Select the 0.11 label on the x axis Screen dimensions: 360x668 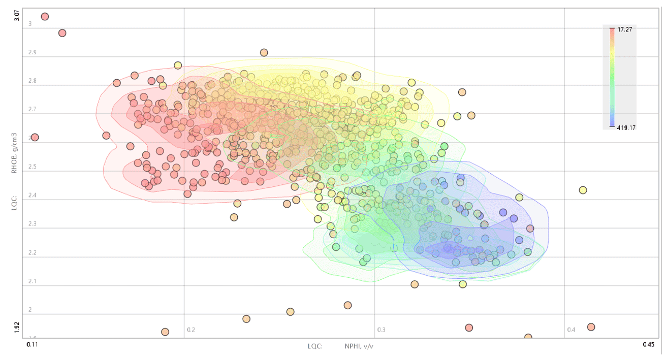coord(32,345)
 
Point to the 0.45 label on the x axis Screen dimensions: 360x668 coord(648,345)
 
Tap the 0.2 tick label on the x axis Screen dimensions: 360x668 coord(191,330)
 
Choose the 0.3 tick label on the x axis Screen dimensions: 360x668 coord(381,330)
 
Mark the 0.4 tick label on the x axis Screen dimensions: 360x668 coord(571,330)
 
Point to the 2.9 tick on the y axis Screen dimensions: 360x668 coord(33,52)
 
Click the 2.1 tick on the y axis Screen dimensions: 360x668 coord(33,281)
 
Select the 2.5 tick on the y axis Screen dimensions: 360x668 coord(33,167)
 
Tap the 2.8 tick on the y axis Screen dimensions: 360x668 coord(33,81)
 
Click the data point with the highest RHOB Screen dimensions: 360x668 coord(45,17)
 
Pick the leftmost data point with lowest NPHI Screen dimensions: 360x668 coord(35,138)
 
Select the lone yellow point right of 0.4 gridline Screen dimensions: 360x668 coord(583,190)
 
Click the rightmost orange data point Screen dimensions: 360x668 coord(591,327)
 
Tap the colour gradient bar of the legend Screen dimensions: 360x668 coord(613,77)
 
